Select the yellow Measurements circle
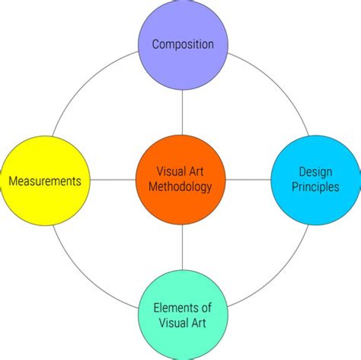tap(45, 201)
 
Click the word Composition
tap(183, 44)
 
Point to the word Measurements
tap(45, 181)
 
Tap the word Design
tap(316, 172)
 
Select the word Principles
tap(316, 187)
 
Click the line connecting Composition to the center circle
tap(183, 112)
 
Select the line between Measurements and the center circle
tap(113, 179)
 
